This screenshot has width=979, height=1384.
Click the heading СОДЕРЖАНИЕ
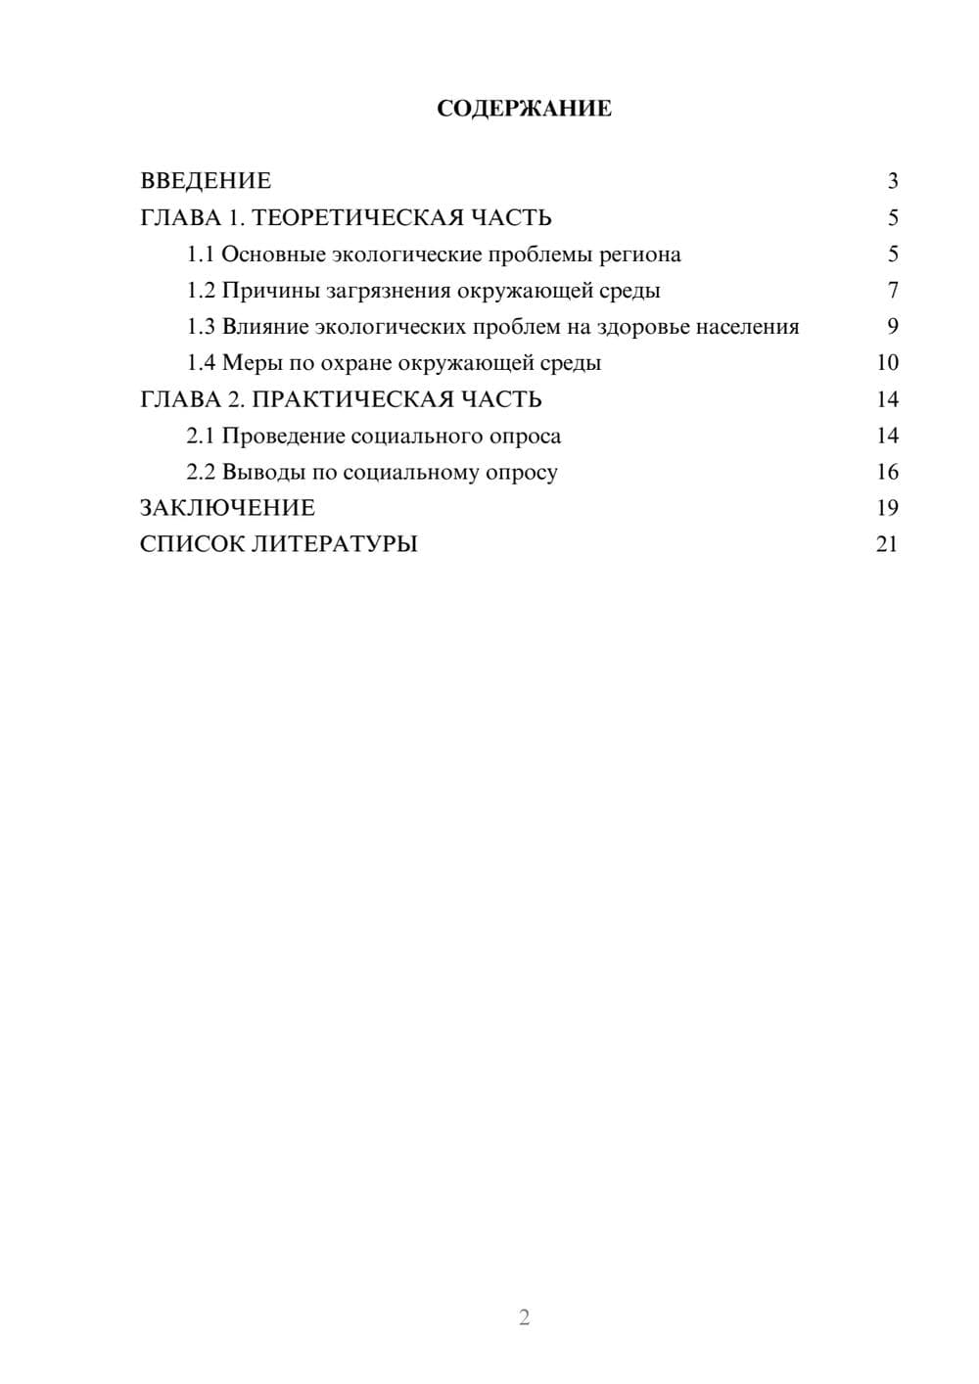click(x=524, y=109)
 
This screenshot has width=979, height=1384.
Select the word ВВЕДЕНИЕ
click(x=206, y=181)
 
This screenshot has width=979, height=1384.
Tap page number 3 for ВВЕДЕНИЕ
click(x=893, y=181)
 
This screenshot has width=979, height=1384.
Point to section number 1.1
click(x=201, y=254)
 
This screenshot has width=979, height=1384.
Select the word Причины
click(x=264, y=291)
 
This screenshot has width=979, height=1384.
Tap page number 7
click(x=893, y=291)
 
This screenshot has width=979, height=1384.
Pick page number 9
click(x=893, y=327)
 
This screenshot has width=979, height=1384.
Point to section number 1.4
click(x=201, y=363)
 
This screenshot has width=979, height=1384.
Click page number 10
click(x=887, y=363)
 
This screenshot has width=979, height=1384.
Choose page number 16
click(x=887, y=472)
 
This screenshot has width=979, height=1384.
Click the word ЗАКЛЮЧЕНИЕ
click(x=227, y=508)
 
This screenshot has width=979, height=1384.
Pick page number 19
click(x=887, y=508)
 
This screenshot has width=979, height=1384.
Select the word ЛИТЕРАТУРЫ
click(x=335, y=544)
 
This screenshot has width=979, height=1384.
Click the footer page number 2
click(x=524, y=1317)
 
